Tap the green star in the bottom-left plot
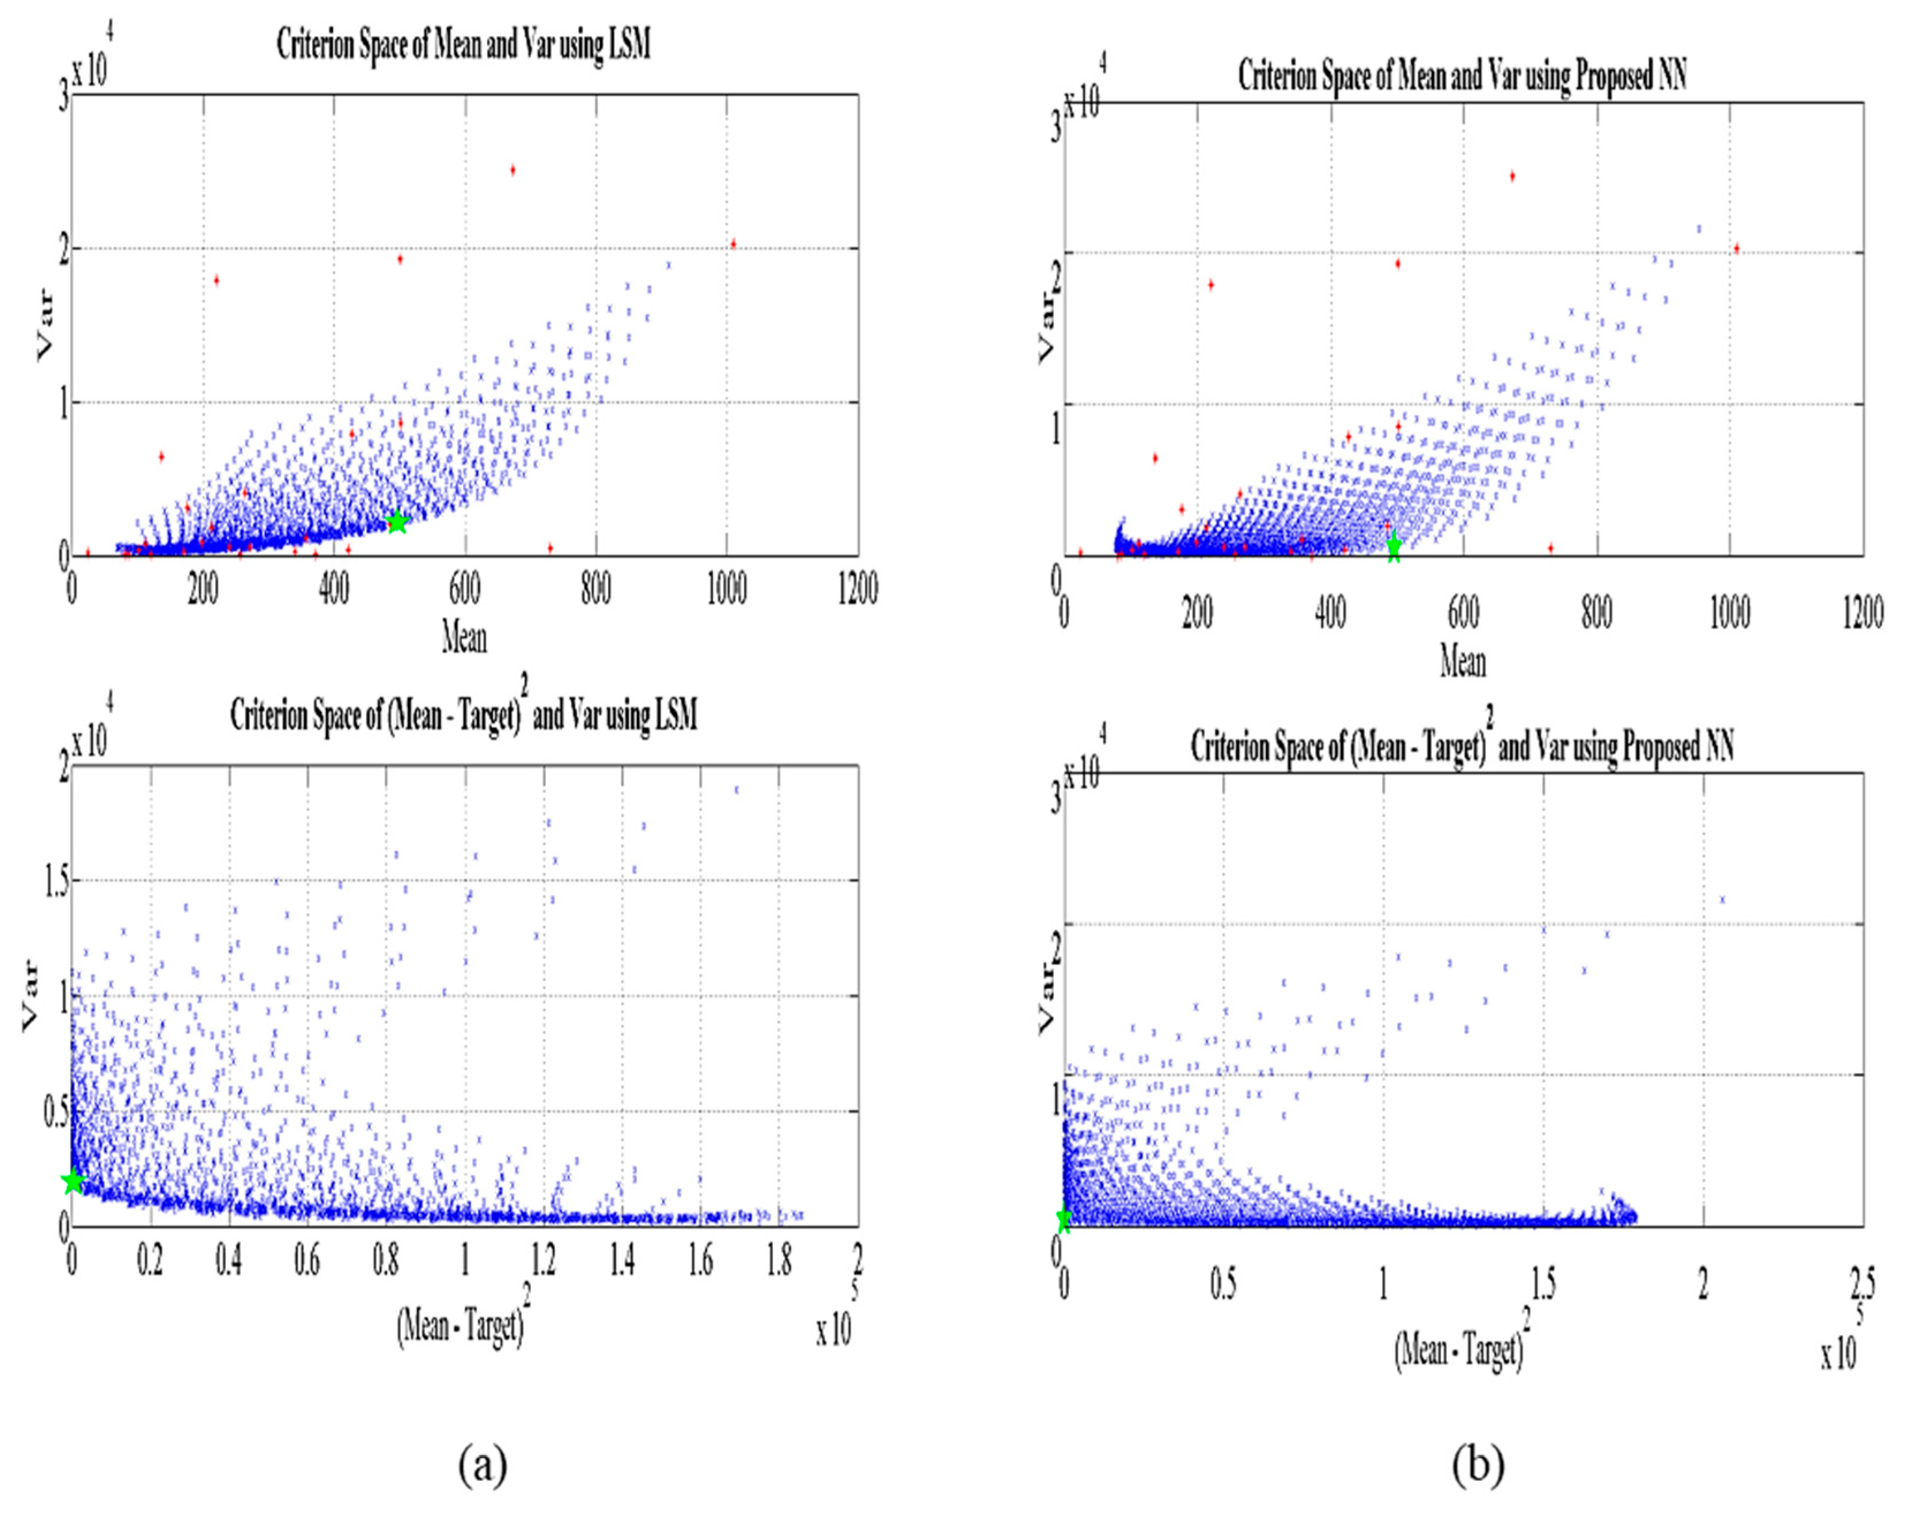[x=73, y=1181]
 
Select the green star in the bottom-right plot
[x=1064, y=1219]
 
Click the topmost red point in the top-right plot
[x=1512, y=176]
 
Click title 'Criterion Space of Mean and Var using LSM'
[x=464, y=45]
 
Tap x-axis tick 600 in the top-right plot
[x=1463, y=613]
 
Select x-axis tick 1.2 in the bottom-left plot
[x=544, y=1260]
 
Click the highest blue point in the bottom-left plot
[x=736, y=789]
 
